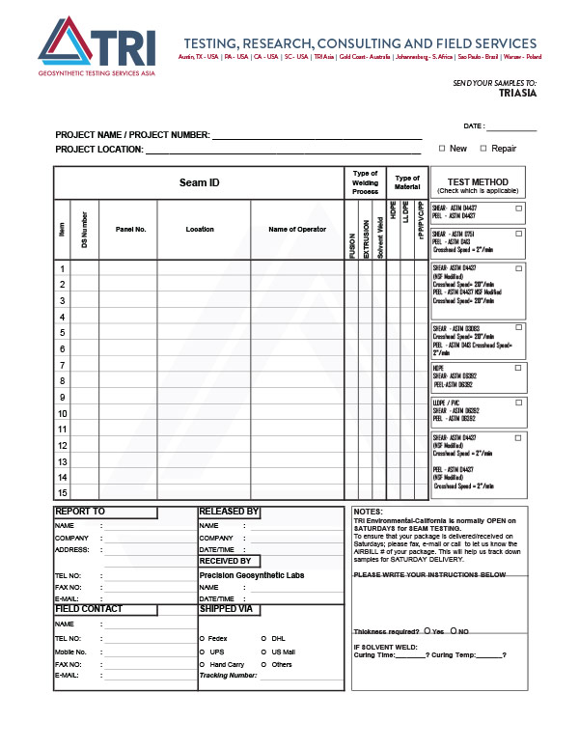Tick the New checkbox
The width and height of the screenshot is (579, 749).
(x=442, y=149)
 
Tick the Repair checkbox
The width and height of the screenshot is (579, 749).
(x=483, y=149)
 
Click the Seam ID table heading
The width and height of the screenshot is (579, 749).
(x=199, y=182)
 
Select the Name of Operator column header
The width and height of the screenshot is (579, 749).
(x=297, y=230)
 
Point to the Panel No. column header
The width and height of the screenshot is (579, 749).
(x=129, y=230)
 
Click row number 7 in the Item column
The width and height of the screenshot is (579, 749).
(x=62, y=365)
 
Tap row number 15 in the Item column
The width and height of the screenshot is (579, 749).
(x=62, y=492)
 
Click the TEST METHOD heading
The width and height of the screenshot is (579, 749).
(x=478, y=181)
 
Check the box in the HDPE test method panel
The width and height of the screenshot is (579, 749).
(x=518, y=368)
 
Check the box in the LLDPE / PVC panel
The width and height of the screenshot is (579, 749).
(x=518, y=402)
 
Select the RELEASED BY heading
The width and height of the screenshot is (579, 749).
(x=229, y=512)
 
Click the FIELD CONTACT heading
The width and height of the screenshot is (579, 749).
(x=89, y=609)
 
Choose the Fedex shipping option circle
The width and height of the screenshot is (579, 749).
(x=201, y=638)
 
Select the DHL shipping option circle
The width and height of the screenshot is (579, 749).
(x=262, y=638)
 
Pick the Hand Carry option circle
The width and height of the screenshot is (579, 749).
(x=201, y=665)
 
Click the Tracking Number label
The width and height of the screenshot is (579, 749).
(x=228, y=676)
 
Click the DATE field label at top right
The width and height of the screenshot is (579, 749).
(x=474, y=126)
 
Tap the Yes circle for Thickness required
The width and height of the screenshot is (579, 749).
(x=427, y=631)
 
